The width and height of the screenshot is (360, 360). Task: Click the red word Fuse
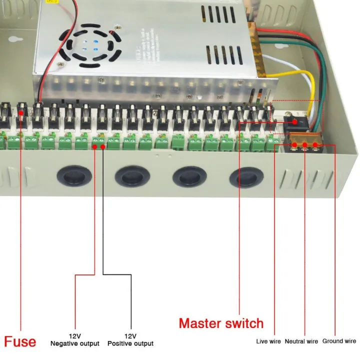point(20,341)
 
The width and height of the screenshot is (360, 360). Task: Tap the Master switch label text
point(221,323)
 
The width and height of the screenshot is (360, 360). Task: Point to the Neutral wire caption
point(301,341)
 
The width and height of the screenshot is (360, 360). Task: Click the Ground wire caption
point(339,341)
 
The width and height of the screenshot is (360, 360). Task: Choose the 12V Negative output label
point(75,339)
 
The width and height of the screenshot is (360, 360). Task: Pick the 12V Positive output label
point(130,339)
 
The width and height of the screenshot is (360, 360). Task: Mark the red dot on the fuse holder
point(21,113)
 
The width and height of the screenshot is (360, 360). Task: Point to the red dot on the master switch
point(295,121)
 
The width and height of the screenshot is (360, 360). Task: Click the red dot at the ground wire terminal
point(315,145)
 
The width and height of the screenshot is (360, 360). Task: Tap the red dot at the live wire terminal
point(295,145)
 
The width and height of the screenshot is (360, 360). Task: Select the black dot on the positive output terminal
point(102,146)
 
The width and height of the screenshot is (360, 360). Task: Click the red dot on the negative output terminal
point(94,146)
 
